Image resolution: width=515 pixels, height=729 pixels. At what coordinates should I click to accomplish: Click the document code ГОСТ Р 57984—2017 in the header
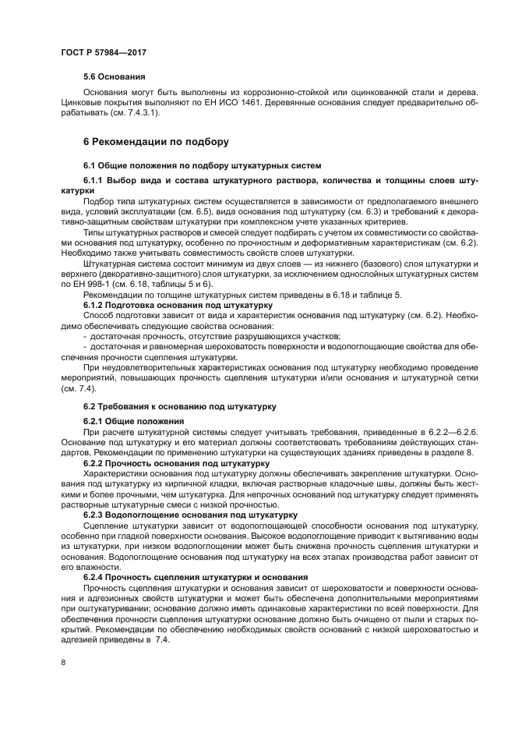(x=104, y=51)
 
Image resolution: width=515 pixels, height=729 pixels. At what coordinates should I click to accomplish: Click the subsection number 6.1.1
(x=97, y=180)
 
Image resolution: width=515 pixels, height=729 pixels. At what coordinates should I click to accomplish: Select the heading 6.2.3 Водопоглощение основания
(x=189, y=515)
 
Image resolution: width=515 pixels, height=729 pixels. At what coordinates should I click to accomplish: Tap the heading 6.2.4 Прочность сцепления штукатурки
(x=189, y=576)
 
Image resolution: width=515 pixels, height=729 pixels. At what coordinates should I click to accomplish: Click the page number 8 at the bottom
(x=63, y=662)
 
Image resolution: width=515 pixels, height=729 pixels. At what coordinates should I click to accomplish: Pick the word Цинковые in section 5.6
(x=82, y=102)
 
